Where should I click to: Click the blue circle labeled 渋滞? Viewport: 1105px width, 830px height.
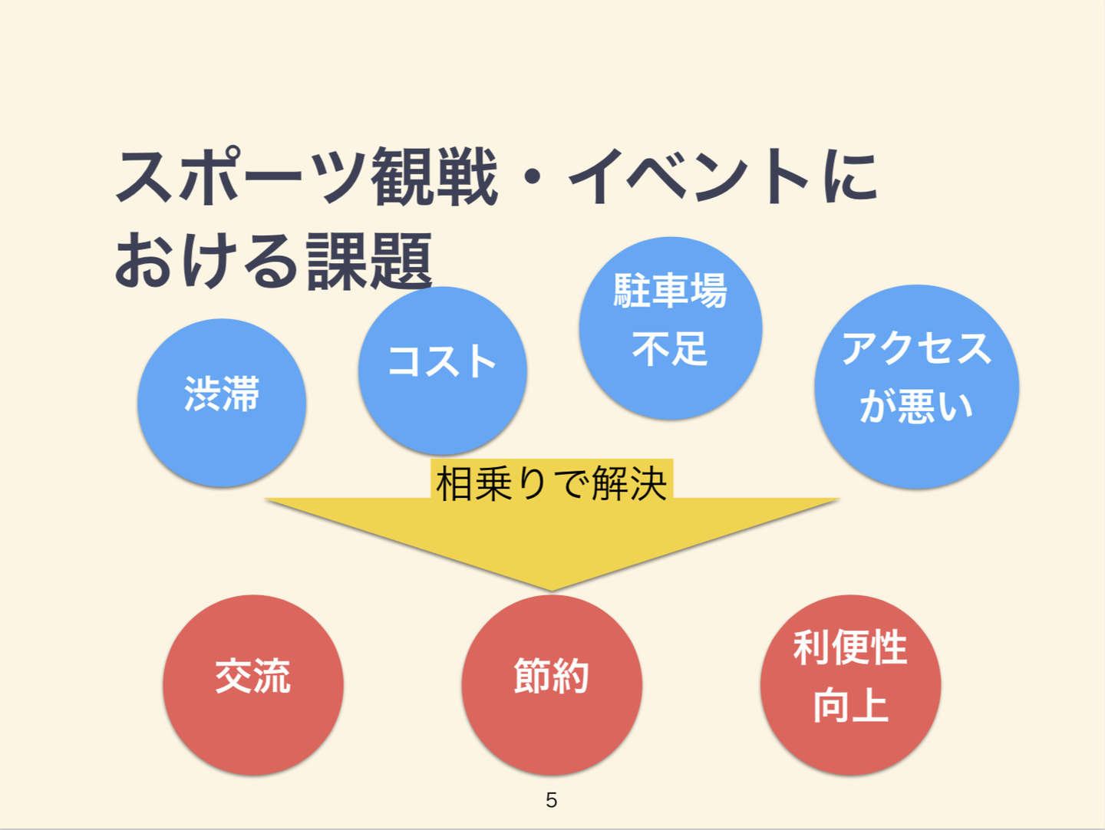click(222, 403)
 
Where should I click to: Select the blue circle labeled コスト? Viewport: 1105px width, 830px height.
click(442, 371)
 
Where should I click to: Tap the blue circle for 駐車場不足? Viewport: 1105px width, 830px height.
click(670, 328)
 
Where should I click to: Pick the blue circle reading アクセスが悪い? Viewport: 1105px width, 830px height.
click(916, 387)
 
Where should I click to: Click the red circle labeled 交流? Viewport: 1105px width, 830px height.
click(252, 684)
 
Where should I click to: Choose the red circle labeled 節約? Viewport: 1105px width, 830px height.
click(551, 684)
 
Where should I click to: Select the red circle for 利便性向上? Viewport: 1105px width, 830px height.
click(850, 684)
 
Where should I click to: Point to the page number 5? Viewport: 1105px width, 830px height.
click(551, 800)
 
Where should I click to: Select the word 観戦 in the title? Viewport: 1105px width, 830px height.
click(434, 177)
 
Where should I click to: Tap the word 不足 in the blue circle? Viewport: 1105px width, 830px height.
click(670, 349)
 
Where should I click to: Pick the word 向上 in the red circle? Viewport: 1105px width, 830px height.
click(850, 705)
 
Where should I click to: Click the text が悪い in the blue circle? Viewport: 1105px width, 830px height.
click(916, 406)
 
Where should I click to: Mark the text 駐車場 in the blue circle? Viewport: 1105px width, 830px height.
click(670, 291)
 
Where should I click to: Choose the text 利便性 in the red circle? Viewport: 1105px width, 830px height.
click(850, 647)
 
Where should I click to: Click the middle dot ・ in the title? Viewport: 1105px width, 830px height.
click(533, 180)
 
